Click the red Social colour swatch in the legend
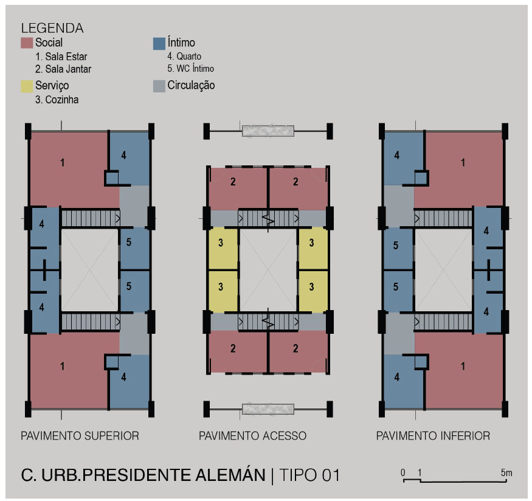[x=27, y=43]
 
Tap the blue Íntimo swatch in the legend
[x=159, y=43]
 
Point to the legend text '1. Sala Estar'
[x=61, y=57]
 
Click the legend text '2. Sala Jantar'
[x=63, y=69]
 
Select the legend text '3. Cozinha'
[x=57, y=100]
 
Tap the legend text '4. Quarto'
[x=184, y=57]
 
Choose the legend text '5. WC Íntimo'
[x=190, y=69]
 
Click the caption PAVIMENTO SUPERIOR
[x=80, y=436]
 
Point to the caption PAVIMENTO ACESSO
[x=252, y=436]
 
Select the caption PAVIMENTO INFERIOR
[x=433, y=436]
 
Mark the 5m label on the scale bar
[x=506, y=472]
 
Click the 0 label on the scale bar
[x=402, y=472]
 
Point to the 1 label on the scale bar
[x=420, y=472]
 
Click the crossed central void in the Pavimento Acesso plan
[x=268, y=271]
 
